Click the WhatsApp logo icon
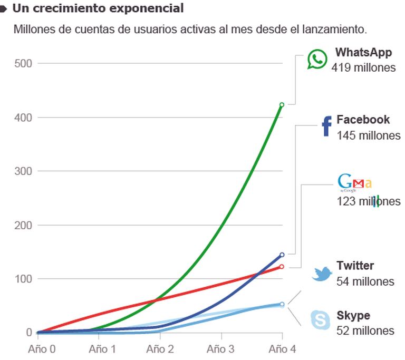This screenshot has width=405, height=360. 317,60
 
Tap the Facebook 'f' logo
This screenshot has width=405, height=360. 326,127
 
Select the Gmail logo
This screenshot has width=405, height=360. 354,183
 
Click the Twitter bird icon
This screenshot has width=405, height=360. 321,274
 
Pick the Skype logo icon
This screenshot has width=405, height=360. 321,320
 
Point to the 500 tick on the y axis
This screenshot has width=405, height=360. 23,64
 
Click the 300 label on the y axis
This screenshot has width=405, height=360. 23,171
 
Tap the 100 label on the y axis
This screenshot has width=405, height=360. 23,279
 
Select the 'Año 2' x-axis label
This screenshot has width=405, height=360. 160,348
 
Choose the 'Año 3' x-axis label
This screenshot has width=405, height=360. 220,348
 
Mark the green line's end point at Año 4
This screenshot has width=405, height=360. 282,105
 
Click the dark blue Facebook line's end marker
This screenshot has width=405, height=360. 282,255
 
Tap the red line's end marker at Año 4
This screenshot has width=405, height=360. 282,267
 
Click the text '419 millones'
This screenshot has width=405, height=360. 363,67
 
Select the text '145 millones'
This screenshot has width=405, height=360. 369,135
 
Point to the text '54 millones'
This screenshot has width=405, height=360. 365,281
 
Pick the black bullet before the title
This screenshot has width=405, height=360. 4,8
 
